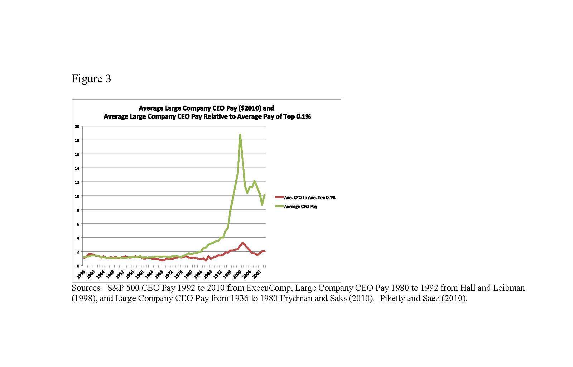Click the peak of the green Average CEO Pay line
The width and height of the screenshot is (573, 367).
(240, 135)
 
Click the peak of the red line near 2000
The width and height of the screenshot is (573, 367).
(243, 243)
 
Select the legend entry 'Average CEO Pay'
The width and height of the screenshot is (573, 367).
(300, 207)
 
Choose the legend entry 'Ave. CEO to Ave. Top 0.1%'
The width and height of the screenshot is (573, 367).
(309, 198)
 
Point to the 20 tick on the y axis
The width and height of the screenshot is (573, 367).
(77, 126)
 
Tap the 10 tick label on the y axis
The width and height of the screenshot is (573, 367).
(77, 196)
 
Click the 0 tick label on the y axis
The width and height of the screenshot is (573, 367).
(78, 266)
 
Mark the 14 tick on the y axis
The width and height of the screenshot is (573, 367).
(77, 168)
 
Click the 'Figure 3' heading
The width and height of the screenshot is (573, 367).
(91, 79)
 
